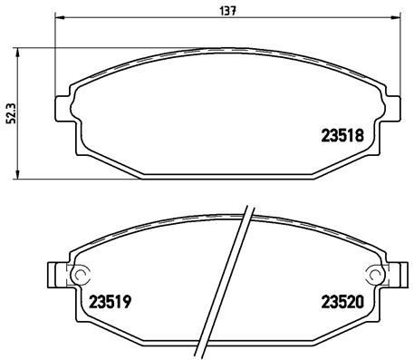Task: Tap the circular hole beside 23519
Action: (80, 277)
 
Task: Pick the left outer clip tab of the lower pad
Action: (53, 276)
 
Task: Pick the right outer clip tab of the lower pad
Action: (398, 276)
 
